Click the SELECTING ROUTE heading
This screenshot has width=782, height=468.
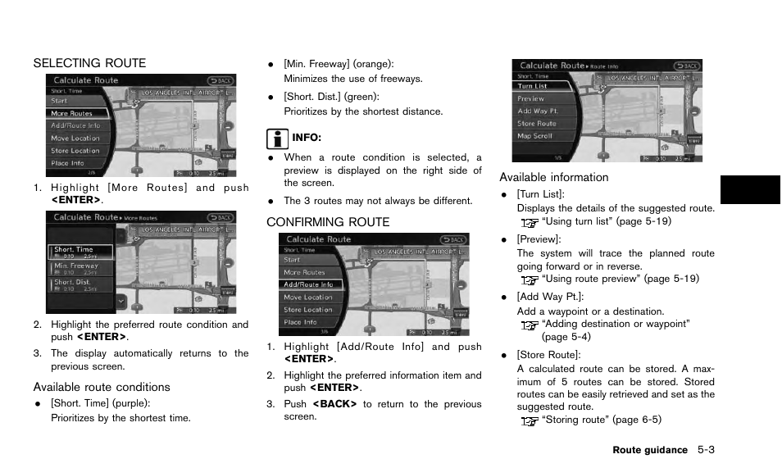pyautogui.click(x=89, y=63)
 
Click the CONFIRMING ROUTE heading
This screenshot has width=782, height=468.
pyautogui.click(x=328, y=222)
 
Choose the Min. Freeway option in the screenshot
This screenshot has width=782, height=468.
pyautogui.click(x=76, y=266)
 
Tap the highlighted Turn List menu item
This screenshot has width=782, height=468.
pyautogui.click(x=533, y=86)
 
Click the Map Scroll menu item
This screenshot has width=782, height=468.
pyautogui.click(x=535, y=136)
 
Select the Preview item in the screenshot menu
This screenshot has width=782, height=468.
pyautogui.click(x=531, y=98)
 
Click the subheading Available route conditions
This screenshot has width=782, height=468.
pyautogui.click(x=102, y=387)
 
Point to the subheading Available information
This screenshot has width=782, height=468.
pyautogui.click(x=554, y=178)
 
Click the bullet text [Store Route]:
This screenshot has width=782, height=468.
pyautogui.click(x=548, y=355)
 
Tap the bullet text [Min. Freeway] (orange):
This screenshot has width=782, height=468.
pyautogui.click(x=339, y=64)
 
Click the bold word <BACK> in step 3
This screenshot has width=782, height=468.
pyautogui.click(x=334, y=404)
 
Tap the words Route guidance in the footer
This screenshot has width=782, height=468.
pyautogui.click(x=649, y=450)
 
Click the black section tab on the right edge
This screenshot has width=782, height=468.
pyautogui.click(x=750, y=189)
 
